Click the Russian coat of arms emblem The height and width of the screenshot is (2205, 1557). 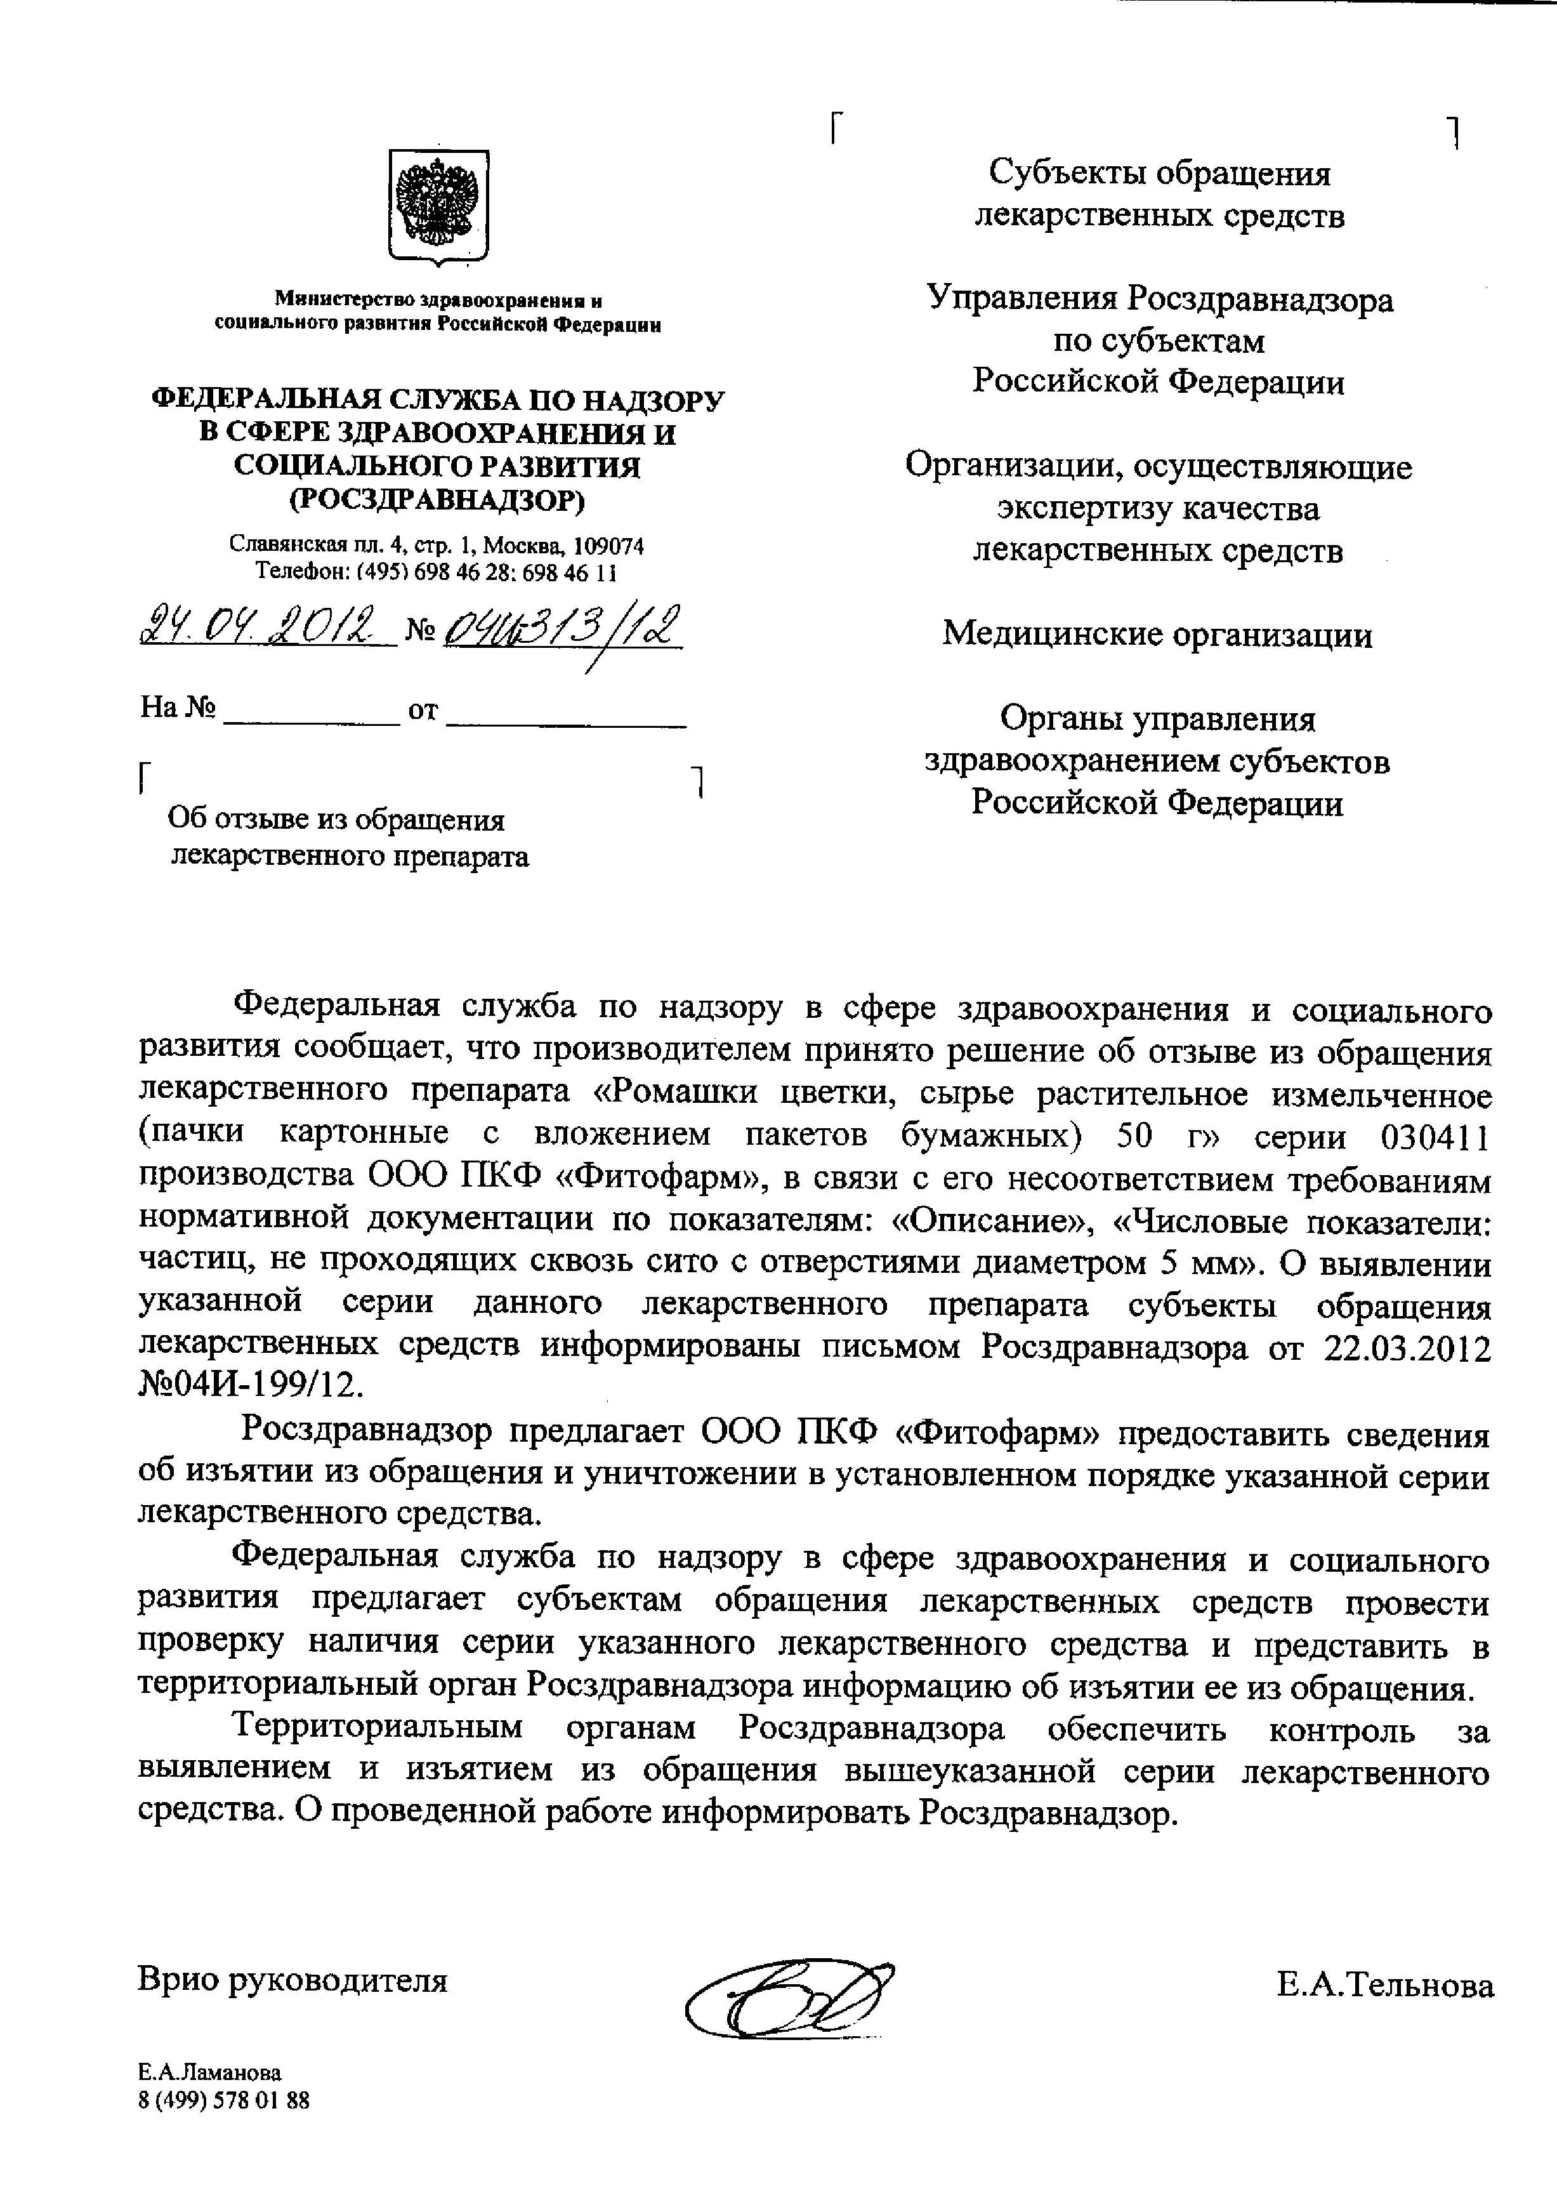tap(438, 206)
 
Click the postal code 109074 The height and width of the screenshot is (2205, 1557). tap(608, 546)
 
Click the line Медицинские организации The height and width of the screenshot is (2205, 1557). tap(1157, 635)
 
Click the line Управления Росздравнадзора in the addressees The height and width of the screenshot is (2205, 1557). tap(1160, 299)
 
